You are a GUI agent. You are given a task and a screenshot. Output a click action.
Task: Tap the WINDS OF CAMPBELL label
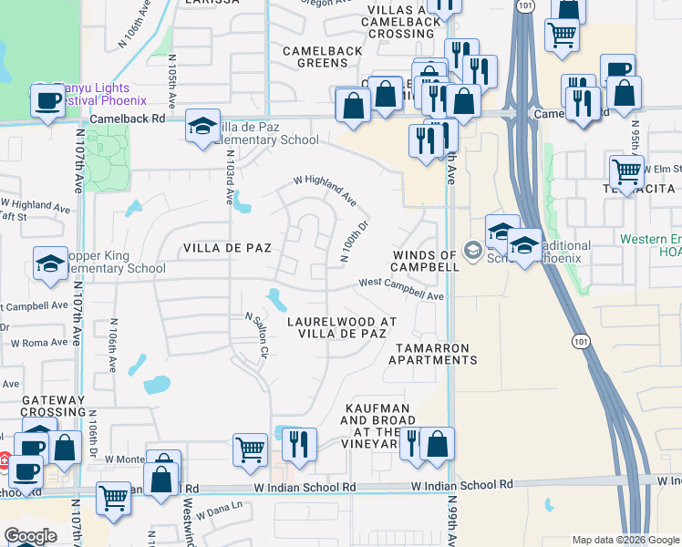(x=425, y=261)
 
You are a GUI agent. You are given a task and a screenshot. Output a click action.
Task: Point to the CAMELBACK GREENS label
(x=315, y=57)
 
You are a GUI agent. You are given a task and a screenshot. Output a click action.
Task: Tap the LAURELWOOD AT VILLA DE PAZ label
(x=341, y=327)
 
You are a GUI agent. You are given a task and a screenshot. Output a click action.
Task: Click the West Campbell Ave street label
(x=400, y=289)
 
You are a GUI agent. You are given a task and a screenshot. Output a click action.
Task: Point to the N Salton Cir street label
(x=257, y=333)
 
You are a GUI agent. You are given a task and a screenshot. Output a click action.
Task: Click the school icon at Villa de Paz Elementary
(x=202, y=127)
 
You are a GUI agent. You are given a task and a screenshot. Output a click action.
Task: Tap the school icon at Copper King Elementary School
(x=49, y=264)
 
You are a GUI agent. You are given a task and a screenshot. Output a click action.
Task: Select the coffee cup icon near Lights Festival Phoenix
(x=47, y=100)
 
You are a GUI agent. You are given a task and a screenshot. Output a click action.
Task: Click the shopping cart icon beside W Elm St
(x=625, y=169)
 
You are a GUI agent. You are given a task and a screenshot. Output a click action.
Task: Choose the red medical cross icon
(x=5, y=461)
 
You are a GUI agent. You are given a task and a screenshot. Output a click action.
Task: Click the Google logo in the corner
(x=30, y=535)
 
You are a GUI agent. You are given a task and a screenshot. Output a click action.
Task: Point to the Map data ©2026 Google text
(x=625, y=540)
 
